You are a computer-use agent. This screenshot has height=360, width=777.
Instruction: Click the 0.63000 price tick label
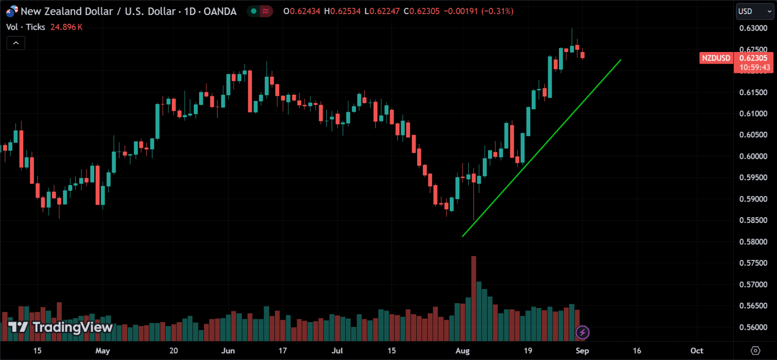coord(753,28)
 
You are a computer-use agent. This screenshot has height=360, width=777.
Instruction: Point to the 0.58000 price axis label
coord(753,242)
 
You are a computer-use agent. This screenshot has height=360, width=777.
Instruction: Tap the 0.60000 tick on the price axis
coord(753,156)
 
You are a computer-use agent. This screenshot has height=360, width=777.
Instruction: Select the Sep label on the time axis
coord(582,351)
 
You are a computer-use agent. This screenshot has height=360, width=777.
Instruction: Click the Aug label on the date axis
coord(462,351)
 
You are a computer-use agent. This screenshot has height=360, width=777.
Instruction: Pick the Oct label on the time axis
coord(696,351)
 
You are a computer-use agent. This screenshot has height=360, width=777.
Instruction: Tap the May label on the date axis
coord(102,351)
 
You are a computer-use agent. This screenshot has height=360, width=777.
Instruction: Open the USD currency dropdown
coord(755,11)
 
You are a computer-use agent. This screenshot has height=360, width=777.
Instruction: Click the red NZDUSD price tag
coord(716,58)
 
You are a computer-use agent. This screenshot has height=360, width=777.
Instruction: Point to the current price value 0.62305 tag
coord(753,58)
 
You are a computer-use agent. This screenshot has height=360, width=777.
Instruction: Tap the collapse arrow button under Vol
coord(16,43)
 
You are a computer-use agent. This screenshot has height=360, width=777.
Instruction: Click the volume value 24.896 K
coord(66,27)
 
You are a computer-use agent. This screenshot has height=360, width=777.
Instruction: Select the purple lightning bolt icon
coord(582,332)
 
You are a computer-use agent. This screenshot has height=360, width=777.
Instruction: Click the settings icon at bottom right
coord(755,351)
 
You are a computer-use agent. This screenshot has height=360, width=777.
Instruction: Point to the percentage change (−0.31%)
coord(497,11)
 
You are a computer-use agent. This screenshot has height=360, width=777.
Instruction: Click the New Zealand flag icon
coord(11,11)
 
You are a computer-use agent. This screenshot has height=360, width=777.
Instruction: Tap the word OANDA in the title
coord(220,11)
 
